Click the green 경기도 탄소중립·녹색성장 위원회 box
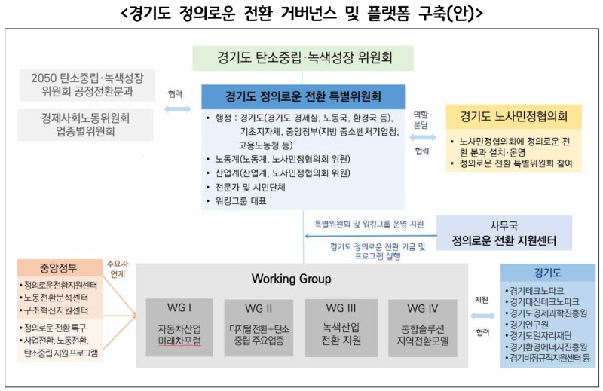(303, 58)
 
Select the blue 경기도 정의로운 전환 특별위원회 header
(303, 96)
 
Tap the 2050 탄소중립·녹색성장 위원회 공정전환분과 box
(87, 85)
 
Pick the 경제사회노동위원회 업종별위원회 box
(85, 124)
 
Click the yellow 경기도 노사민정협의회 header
(514, 117)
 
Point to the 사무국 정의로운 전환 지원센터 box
(504, 233)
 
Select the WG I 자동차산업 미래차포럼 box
(179, 328)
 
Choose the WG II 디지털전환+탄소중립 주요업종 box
(259, 328)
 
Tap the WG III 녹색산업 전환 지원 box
(341, 328)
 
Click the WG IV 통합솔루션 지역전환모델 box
(423, 328)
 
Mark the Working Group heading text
(291, 279)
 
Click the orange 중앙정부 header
(59, 267)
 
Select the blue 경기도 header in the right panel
(548, 273)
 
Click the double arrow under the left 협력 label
(177, 108)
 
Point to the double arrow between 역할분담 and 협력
(423, 137)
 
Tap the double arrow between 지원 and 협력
(482, 316)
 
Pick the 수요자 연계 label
(118, 269)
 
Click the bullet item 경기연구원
(527, 325)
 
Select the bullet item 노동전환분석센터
(54, 298)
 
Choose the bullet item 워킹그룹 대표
(237, 201)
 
